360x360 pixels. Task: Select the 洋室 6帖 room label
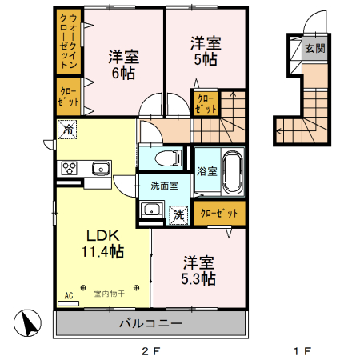[124, 65]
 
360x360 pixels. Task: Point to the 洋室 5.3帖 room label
[197, 270]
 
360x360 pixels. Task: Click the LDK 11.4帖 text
[103, 244]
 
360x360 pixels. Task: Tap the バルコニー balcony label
[150, 325]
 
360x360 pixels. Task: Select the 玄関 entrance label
[315, 48]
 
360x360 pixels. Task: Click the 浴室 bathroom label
[206, 170]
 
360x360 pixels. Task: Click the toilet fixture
[164, 156]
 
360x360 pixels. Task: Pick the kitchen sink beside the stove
[100, 168]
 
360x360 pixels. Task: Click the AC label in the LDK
[68, 296]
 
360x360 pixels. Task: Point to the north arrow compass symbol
[28, 325]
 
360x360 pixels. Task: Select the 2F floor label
[152, 350]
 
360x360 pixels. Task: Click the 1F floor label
[302, 350]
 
